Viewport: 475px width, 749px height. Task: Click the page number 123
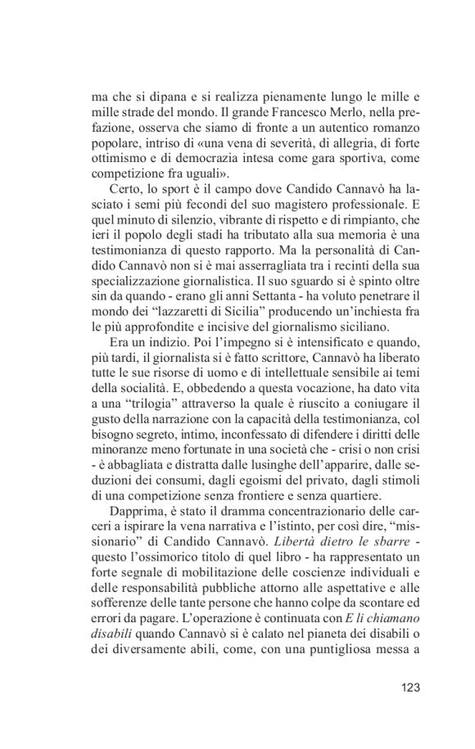pyautogui.click(x=406, y=687)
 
